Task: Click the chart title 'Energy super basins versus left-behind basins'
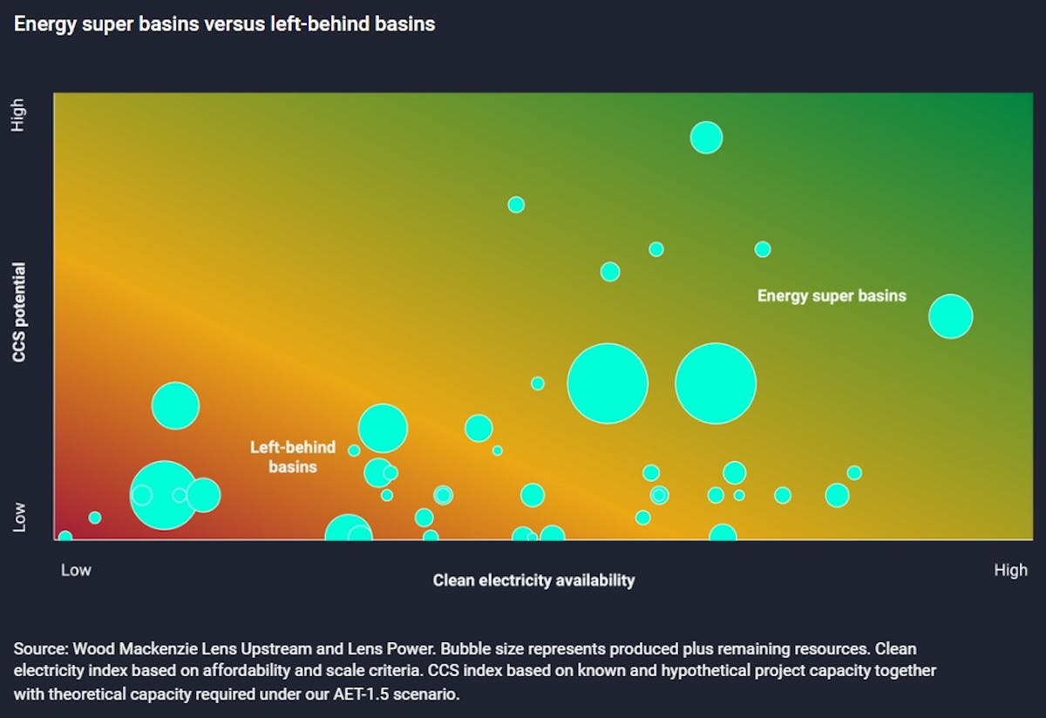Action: click(x=224, y=24)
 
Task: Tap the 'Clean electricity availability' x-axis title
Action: click(x=533, y=580)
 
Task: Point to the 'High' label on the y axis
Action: click(x=18, y=114)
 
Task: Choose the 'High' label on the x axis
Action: click(x=1010, y=571)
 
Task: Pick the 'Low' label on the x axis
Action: click(x=76, y=571)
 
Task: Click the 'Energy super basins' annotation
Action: click(x=832, y=296)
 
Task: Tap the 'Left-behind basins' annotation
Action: click(x=293, y=457)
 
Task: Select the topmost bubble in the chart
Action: click(x=706, y=137)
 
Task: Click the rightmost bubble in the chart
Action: click(x=950, y=315)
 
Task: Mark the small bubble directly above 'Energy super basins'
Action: click(x=763, y=249)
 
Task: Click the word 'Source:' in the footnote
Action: click(x=40, y=649)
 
